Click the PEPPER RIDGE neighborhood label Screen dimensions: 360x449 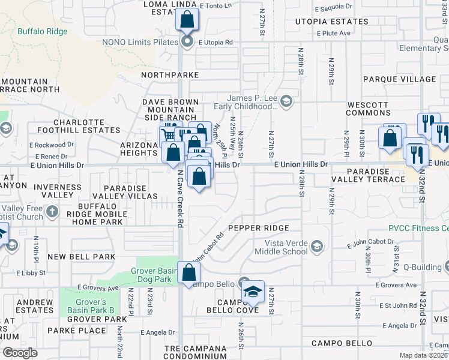point(259,228)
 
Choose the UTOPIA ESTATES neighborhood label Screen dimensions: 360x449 point(331,22)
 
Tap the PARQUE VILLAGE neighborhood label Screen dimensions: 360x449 point(399,79)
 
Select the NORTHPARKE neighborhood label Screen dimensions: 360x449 point(170,75)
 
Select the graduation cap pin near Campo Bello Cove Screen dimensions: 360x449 point(253,292)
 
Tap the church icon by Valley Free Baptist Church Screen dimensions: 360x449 point(52,211)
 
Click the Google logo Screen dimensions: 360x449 point(20,353)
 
